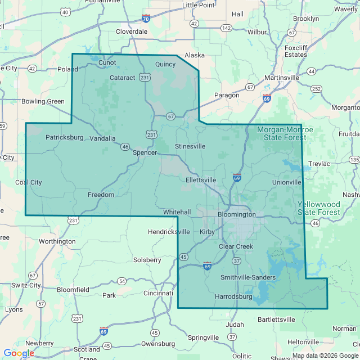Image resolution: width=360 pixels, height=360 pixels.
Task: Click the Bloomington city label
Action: pyautogui.click(x=236, y=214)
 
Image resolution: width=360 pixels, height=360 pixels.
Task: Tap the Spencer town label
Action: pyautogui.click(x=145, y=152)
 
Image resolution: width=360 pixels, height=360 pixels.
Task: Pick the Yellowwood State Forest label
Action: pyautogui.click(x=319, y=208)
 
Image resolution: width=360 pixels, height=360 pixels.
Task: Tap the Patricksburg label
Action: pyautogui.click(x=64, y=137)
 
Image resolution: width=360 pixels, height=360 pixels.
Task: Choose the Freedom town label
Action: pyautogui.click(x=101, y=195)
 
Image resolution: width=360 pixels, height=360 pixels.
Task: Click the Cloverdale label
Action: pyautogui.click(x=132, y=31)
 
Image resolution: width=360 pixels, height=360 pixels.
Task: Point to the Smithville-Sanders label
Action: pyautogui.click(x=247, y=277)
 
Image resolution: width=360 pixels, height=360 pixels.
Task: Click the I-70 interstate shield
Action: pyautogui.click(x=146, y=19)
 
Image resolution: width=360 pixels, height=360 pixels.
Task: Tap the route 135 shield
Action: pyautogui.click(x=354, y=160)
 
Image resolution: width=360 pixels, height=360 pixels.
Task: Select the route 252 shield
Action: pyautogui.click(x=317, y=88)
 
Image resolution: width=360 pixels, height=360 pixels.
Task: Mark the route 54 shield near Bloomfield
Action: pyautogui.click(x=122, y=281)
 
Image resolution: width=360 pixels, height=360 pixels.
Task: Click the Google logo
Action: pyautogui.click(x=19, y=353)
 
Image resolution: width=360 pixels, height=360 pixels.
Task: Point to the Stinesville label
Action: pyautogui.click(x=190, y=146)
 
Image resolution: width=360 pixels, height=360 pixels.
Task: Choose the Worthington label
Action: pyautogui.click(x=57, y=241)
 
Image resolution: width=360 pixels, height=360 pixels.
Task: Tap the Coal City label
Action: pyautogui.click(x=28, y=182)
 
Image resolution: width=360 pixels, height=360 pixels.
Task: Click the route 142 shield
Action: pyautogui.click(x=226, y=28)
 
